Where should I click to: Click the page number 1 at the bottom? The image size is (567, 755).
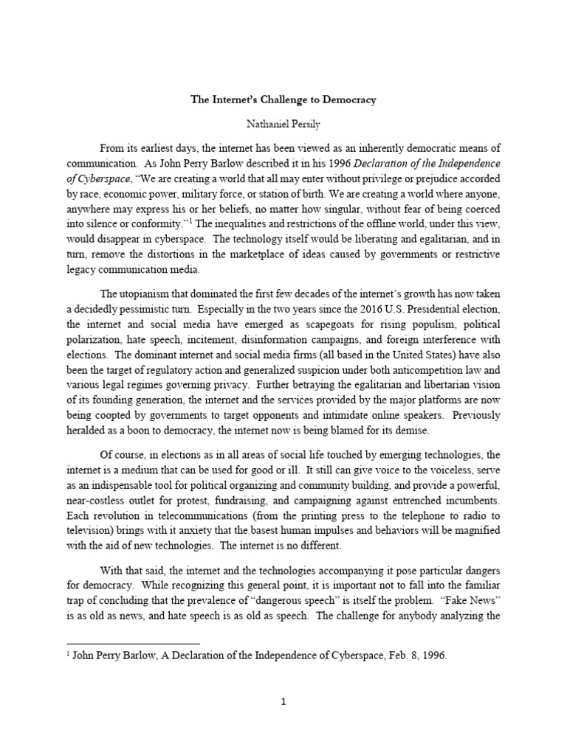(x=283, y=702)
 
